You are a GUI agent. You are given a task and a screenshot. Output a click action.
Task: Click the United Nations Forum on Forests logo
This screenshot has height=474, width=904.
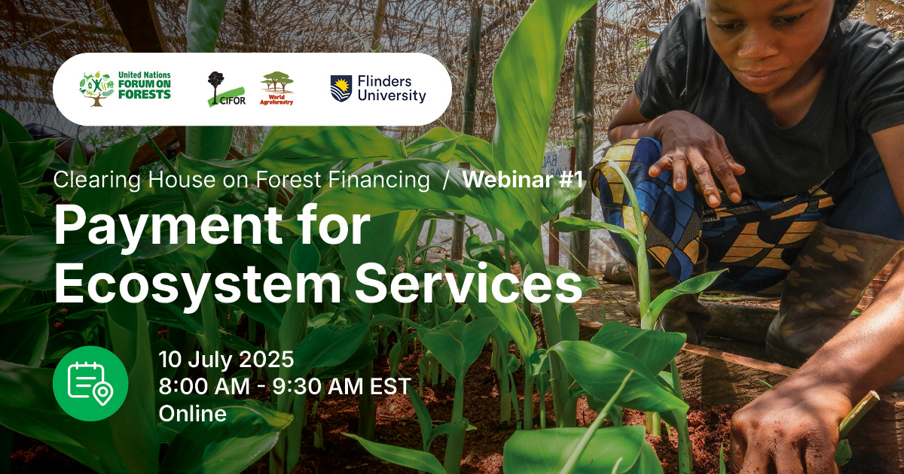pyautogui.click(x=125, y=89)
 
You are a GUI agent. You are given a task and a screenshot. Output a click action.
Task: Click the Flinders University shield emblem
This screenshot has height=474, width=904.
pyautogui.click(x=341, y=89)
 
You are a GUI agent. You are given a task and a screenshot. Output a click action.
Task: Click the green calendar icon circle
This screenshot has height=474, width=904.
pyautogui.click(x=90, y=384)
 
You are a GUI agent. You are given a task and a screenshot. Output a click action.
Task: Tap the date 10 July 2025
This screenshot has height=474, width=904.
pyautogui.click(x=226, y=360)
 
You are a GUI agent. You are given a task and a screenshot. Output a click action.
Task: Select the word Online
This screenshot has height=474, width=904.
pyautogui.click(x=193, y=414)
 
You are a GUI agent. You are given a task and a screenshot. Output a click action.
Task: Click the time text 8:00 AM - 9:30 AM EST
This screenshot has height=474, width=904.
pyautogui.click(x=285, y=387)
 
